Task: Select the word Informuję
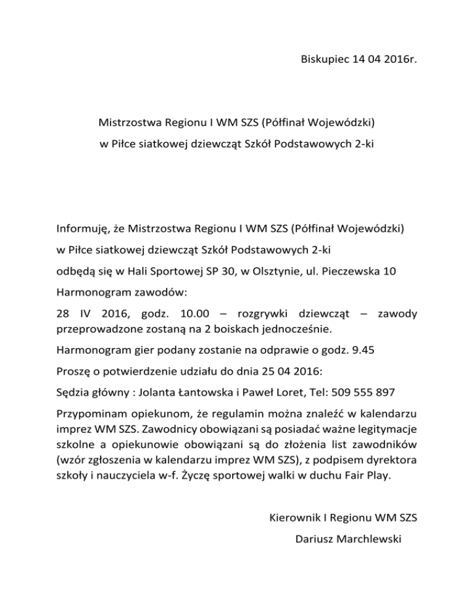(x=83, y=230)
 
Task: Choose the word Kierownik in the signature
(x=294, y=518)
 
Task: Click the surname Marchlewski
(x=367, y=539)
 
